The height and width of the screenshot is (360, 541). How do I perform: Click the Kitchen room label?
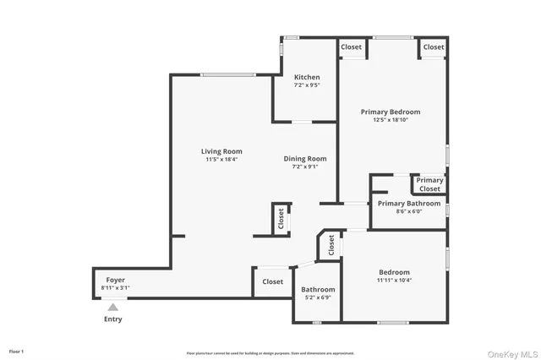(307, 77)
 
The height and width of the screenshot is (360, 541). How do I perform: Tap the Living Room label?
(221, 151)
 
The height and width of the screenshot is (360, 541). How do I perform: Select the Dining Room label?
(304, 158)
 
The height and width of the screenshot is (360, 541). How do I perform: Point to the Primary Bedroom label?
(390, 112)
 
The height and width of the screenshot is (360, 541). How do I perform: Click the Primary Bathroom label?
(408, 203)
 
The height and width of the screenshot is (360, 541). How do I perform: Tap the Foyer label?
(115, 280)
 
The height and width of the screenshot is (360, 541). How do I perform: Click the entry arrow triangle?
(112, 307)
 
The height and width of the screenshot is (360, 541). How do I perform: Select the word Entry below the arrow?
(112, 319)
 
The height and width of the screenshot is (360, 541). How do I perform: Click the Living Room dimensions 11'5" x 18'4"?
(221, 160)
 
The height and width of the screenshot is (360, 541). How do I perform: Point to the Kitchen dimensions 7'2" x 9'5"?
(307, 85)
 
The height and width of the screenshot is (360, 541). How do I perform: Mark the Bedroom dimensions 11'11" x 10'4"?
(394, 280)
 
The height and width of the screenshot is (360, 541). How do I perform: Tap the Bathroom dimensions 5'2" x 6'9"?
(318, 297)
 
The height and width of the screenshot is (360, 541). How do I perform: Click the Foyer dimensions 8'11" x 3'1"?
(115, 288)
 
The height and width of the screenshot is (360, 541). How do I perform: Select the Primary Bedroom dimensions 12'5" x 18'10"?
(390, 120)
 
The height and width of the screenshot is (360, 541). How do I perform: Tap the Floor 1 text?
(17, 351)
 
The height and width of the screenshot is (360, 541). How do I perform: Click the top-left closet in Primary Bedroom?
(352, 47)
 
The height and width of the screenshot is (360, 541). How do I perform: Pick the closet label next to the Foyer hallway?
(272, 281)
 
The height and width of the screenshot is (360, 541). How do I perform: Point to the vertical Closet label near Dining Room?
(281, 218)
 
